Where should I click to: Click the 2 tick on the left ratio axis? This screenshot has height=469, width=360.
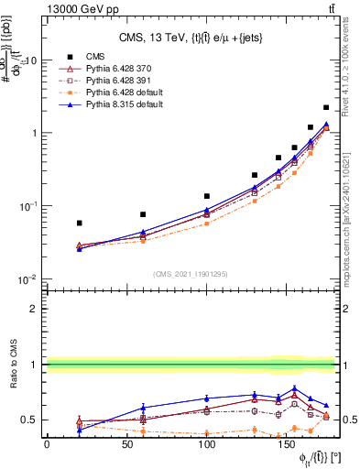tap(34, 309)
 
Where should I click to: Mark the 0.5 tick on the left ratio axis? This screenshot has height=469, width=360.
tap(30, 420)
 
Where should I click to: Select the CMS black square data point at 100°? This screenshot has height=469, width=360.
tap(207, 196)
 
